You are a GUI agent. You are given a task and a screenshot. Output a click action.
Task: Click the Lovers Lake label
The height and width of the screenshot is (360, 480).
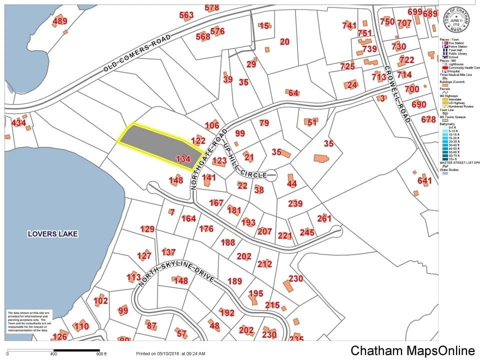[53, 233]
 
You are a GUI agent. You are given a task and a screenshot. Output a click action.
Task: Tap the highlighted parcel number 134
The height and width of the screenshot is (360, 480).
[183, 159]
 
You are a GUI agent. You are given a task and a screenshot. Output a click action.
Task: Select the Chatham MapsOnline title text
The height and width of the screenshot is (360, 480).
[412, 351]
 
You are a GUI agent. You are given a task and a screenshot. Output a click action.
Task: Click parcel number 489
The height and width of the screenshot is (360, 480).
[59, 21]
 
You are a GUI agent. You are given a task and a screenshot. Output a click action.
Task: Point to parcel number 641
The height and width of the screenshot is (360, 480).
[424, 180]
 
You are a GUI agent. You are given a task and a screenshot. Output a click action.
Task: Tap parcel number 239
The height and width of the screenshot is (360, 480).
[295, 203]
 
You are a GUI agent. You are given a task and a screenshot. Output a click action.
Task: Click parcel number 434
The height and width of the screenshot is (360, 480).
[18, 122]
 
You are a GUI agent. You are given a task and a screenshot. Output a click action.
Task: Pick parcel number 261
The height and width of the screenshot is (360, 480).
[324, 218]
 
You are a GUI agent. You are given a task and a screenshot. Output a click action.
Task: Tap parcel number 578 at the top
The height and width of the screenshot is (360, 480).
[212, 7]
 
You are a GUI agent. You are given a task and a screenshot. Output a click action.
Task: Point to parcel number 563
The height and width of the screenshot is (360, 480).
[186, 15]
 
